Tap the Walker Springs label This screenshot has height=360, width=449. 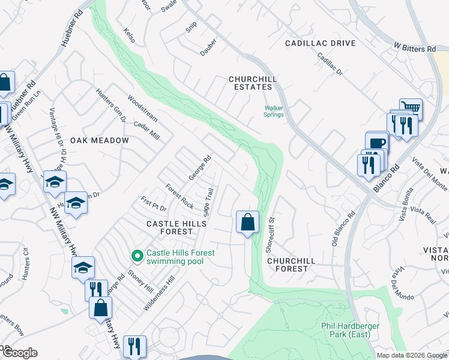[x=274, y=112]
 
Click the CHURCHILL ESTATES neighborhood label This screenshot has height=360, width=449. [x=250, y=83]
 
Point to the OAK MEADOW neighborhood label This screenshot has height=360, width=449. [x=100, y=140]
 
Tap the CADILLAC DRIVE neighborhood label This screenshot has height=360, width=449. [x=321, y=43]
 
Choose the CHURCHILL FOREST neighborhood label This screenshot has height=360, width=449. [x=288, y=265]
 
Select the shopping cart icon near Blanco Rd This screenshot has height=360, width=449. [x=411, y=108]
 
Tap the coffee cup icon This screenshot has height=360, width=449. [x=377, y=143]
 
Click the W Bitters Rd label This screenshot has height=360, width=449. [x=415, y=48]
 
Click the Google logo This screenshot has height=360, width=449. [x=20, y=353]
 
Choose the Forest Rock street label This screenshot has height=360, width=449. [x=179, y=196]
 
